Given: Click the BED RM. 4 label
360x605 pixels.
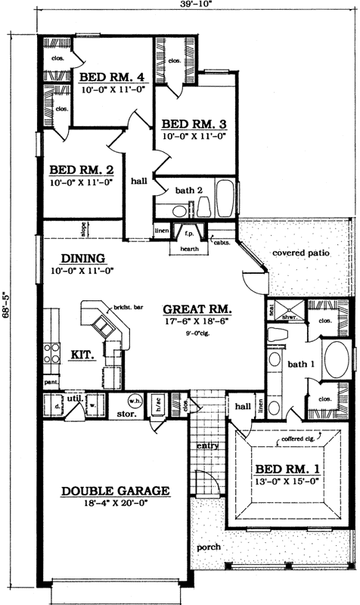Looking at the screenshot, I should click(x=113, y=76).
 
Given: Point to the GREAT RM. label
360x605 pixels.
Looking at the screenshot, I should click(x=197, y=309).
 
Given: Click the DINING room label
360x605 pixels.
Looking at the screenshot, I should click(x=82, y=257).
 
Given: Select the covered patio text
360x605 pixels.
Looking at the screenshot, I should click(x=301, y=253).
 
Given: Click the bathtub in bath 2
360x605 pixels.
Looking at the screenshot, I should click(x=225, y=199).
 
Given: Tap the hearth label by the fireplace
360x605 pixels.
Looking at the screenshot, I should click(x=189, y=247).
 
